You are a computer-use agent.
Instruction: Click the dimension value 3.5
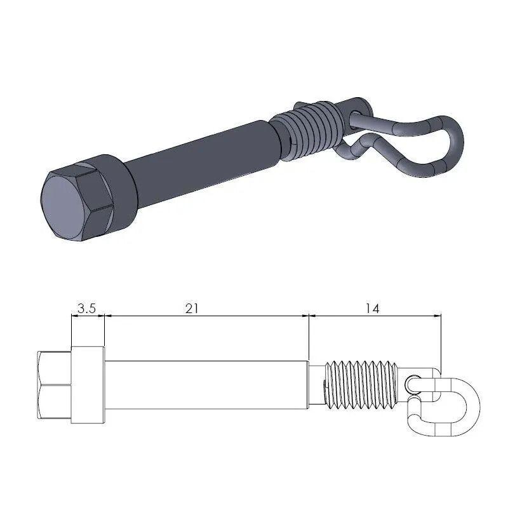pyautogui.click(x=86, y=309)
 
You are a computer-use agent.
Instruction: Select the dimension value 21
pyautogui.click(x=192, y=308)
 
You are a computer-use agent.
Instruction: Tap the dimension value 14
pyautogui.click(x=372, y=309)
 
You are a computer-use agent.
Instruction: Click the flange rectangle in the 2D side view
pyautogui.click(x=88, y=385)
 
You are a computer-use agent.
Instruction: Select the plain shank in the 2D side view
pyautogui.click(x=206, y=385)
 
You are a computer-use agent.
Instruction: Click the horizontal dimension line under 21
pyautogui.click(x=206, y=316)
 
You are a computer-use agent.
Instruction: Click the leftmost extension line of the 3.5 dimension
pyautogui.click(x=71, y=330)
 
